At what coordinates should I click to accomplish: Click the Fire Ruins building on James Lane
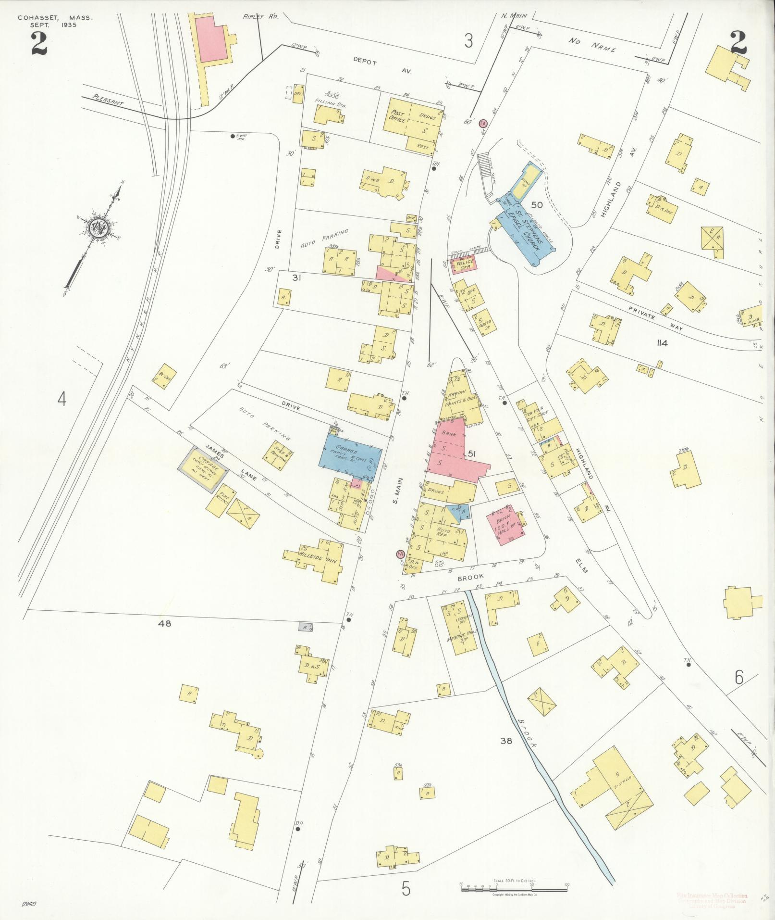tap(221, 500)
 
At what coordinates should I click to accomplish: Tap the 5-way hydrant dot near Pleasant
tap(233, 136)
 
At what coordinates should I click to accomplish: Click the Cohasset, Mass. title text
tap(55, 18)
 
